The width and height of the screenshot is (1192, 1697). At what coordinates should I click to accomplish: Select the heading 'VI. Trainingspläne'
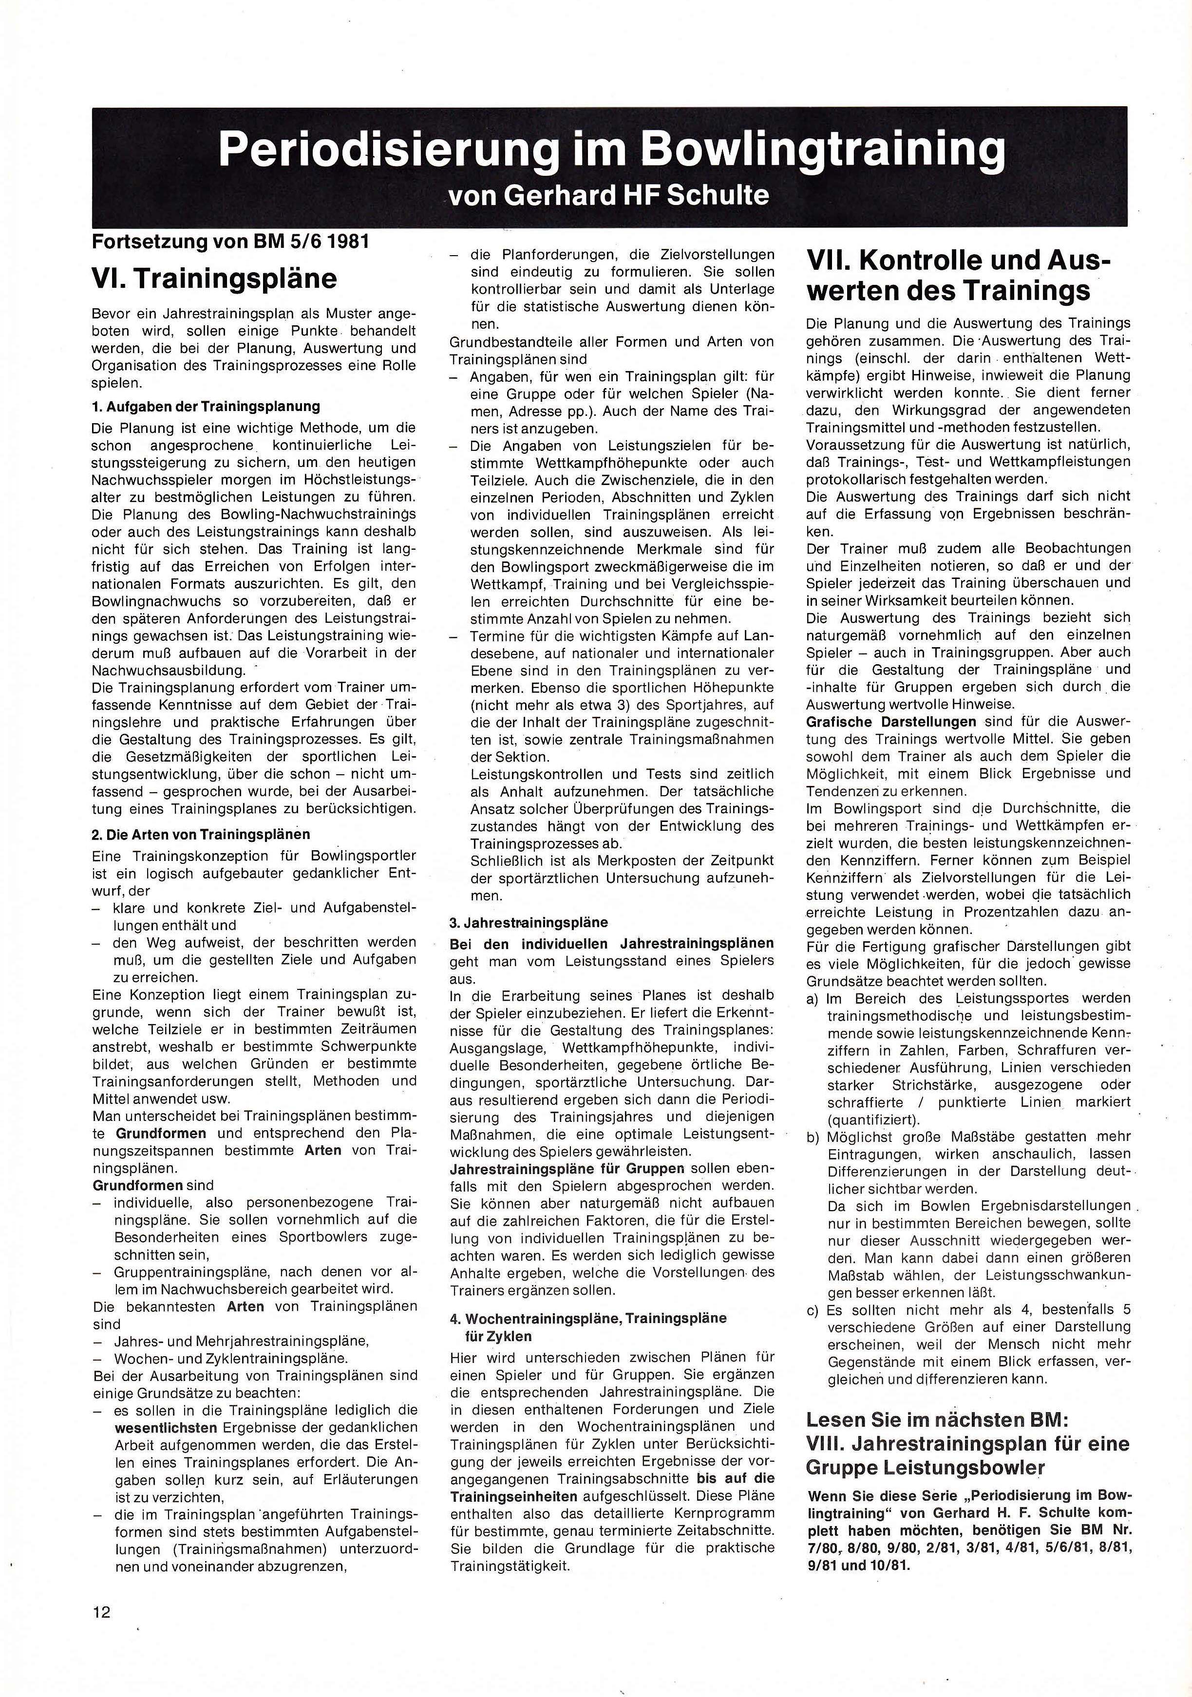[x=214, y=278]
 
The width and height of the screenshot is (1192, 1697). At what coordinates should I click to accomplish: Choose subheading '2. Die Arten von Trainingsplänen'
[x=200, y=835]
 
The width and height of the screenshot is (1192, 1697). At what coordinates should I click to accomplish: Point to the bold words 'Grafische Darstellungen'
[x=891, y=721]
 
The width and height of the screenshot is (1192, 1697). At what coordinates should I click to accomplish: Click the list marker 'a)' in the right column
[x=813, y=999]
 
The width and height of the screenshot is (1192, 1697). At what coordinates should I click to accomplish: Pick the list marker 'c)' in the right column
[x=813, y=1310]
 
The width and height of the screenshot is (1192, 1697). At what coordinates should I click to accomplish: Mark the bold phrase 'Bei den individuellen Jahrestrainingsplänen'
[x=611, y=943]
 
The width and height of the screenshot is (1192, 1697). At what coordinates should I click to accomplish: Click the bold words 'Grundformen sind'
[x=153, y=1185]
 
